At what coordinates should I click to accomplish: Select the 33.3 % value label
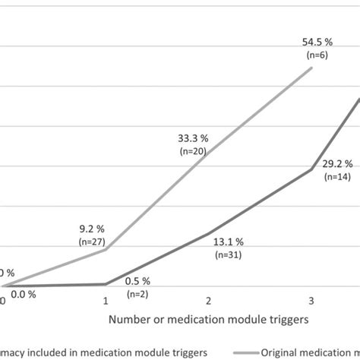coord(193,139)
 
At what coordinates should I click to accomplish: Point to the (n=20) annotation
coord(194,151)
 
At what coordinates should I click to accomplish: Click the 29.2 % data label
coord(336,163)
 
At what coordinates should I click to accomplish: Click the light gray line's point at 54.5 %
coord(312,68)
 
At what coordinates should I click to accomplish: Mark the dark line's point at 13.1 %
coord(209,233)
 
